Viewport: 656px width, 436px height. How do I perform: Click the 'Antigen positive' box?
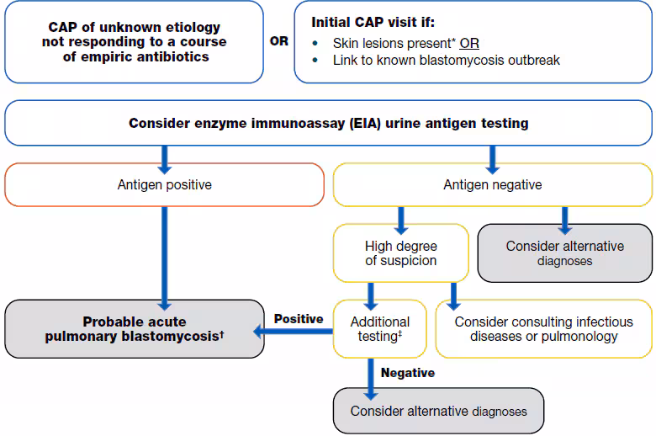point(164,184)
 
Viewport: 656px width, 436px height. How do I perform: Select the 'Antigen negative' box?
point(492,184)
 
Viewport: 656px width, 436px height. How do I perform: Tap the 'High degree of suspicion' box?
point(400,253)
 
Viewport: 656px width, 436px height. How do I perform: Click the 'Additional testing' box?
point(380,328)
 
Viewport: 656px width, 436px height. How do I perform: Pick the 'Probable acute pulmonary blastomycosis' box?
point(135,328)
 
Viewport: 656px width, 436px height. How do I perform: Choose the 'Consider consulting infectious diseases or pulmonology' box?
point(542,328)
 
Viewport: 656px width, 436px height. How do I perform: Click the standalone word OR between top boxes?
point(278,41)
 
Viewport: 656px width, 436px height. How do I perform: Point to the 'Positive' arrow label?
point(299,319)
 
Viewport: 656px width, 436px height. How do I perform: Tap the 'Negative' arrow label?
point(408,372)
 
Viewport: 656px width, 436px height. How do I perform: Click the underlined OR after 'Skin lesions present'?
point(469,43)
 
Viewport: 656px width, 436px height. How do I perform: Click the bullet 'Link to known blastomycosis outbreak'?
point(446,60)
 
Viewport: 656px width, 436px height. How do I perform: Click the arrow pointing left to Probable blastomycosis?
point(294,332)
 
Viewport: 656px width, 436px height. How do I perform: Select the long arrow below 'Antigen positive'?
point(164,253)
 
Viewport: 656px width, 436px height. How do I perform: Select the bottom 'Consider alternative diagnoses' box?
point(438,411)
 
